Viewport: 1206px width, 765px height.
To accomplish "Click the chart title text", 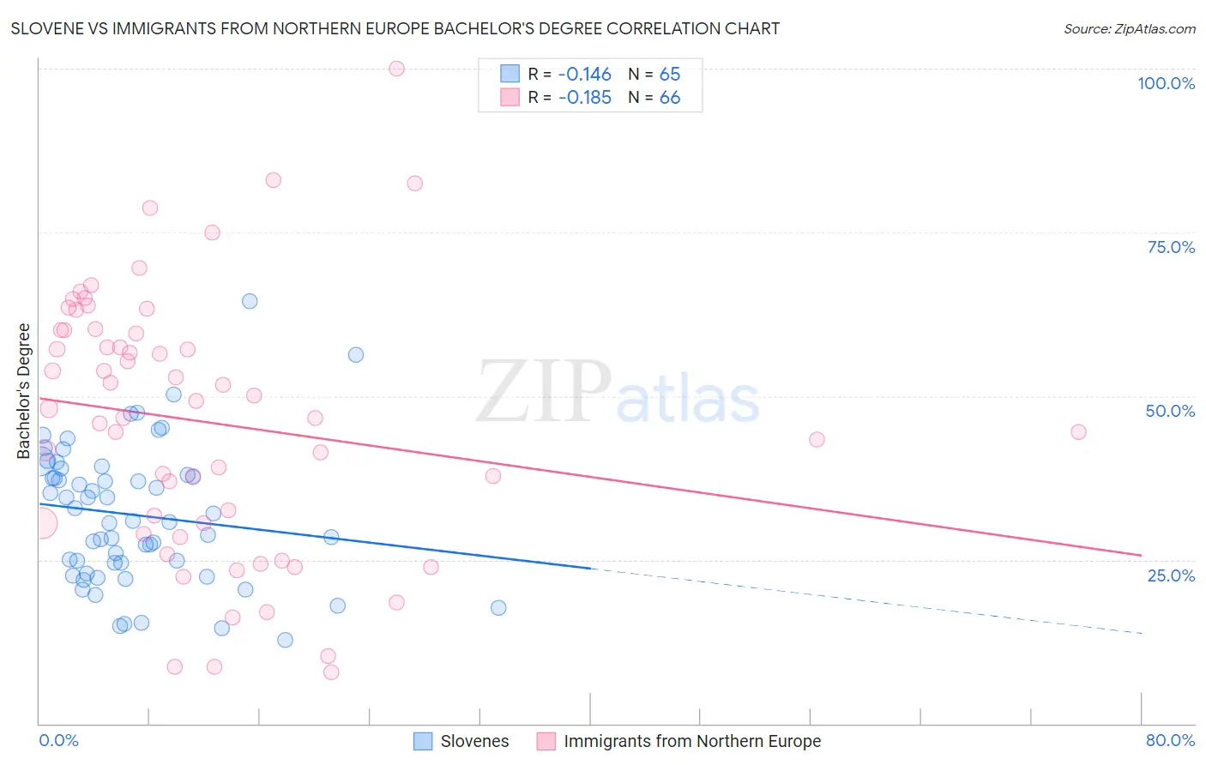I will pos(395,28).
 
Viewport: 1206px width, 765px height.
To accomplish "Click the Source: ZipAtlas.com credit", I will pos(1129,28).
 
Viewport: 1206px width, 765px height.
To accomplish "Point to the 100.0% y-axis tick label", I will pos(1166,83).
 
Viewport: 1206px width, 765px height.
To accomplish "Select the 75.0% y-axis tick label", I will pos(1171,247).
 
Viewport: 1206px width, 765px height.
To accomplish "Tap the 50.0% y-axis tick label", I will pos(1170,411).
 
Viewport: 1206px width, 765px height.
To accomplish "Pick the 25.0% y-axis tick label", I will pos(1171,575).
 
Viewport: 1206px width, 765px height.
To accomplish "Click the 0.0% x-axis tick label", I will pos(58,740).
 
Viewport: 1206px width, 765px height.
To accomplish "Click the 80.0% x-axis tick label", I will pos(1170,740).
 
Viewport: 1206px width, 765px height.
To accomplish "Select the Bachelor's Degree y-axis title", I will pos(24,391).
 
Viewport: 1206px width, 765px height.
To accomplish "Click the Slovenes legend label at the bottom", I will pos(474,741).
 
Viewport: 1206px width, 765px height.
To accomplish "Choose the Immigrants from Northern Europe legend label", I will pos(692,741).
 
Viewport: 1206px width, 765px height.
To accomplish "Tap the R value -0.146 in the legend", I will pos(584,74).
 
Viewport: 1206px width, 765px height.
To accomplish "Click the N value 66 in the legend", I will pos(670,98).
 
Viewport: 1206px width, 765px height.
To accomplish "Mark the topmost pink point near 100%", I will pos(396,69).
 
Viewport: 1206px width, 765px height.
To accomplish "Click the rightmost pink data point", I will pos(1078,431).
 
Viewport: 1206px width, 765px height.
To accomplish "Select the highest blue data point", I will pos(250,301).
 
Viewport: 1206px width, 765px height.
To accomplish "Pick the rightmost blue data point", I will pos(498,608).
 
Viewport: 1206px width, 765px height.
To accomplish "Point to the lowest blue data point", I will pos(285,640).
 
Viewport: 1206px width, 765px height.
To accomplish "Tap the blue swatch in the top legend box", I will pos(510,74).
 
